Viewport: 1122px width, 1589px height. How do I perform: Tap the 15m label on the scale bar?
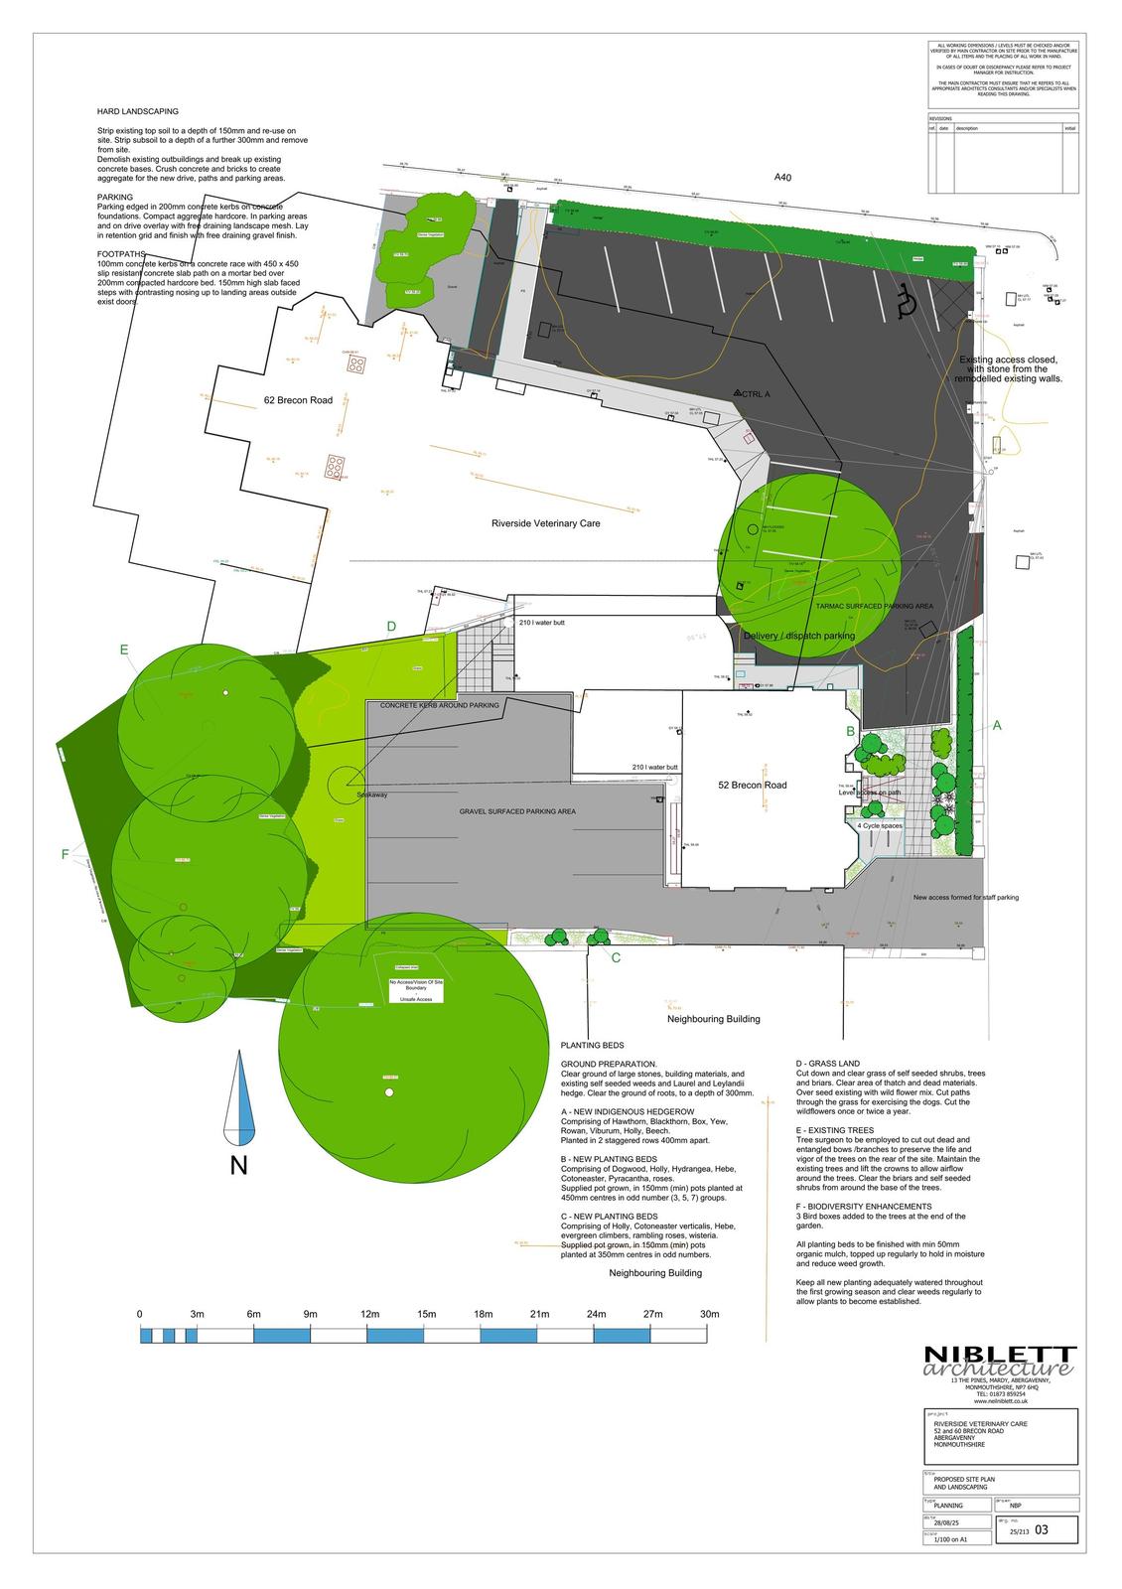tap(427, 1314)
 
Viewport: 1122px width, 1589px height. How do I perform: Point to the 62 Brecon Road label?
tap(298, 400)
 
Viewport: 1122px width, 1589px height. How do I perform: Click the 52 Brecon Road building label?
tap(752, 785)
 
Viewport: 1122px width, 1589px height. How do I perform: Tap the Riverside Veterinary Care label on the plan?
tap(545, 522)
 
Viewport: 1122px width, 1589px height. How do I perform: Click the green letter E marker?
tap(124, 650)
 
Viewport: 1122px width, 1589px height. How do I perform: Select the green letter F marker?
tap(66, 854)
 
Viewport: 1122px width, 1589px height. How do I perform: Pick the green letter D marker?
tap(391, 626)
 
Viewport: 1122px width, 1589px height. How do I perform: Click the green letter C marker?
tap(616, 957)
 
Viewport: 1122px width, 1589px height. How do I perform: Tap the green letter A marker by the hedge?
tap(997, 726)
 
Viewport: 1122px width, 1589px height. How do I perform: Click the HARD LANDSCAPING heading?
tap(137, 112)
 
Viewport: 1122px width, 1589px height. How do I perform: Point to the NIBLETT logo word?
tap(999, 1355)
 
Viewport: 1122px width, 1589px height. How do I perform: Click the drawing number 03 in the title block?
tap(1041, 1530)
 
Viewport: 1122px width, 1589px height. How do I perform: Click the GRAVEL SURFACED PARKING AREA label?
tap(516, 811)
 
